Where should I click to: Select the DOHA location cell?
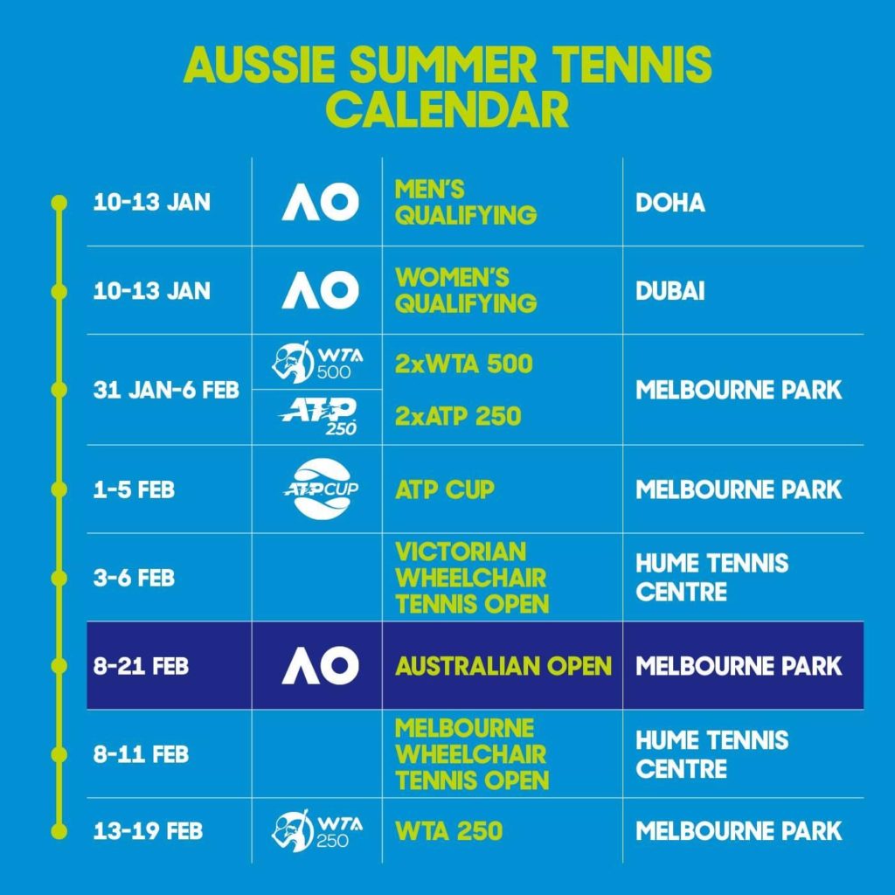click(x=670, y=203)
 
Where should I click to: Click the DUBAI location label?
click(x=670, y=291)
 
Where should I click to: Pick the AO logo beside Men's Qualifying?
click(x=320, y=202)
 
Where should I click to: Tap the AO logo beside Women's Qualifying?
click(x=320, y=290)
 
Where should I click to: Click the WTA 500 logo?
click(x=316, y=362)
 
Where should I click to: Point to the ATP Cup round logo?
click(x=322, y=489)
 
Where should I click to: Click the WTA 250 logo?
click(x=316, y=830)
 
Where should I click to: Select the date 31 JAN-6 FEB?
click(x=166, y=391)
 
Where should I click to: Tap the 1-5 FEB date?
click(x=134, y=489)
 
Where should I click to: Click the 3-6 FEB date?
click(x=134, y=578)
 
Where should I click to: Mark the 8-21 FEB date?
click(x=141, y=666)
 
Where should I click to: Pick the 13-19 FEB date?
click(x=149, y=831)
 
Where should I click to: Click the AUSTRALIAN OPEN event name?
click(x=503, y=666)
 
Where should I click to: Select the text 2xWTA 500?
click(x=464, y=364)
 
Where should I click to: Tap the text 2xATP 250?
click(x=458, y=416)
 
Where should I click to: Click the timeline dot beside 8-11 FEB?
click(x=59, y=754)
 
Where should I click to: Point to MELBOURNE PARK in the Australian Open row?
click(x=739, y=666)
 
